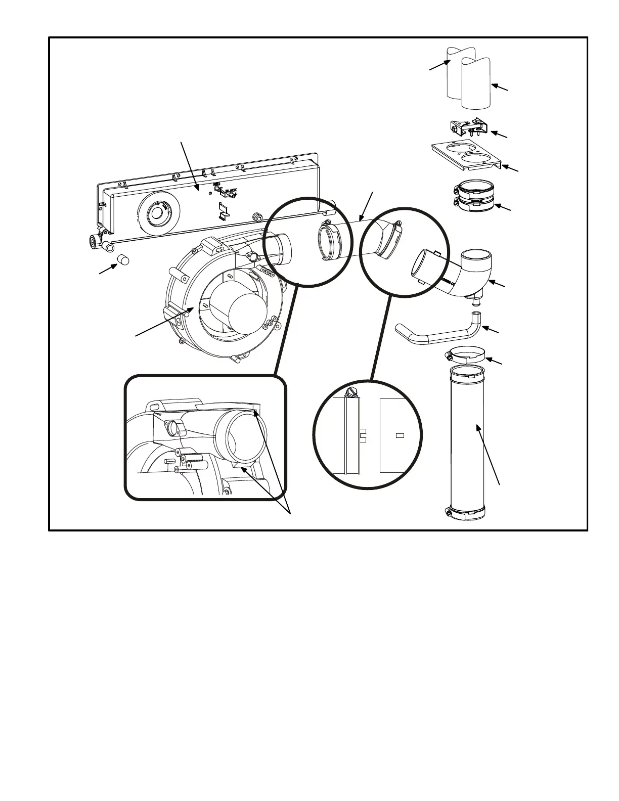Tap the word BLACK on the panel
(231, 190)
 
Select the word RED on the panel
(217, 185)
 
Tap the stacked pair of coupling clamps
(475, 197)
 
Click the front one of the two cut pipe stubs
(476, 83)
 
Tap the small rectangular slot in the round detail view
(400, 435)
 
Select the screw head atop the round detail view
(352, 392)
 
